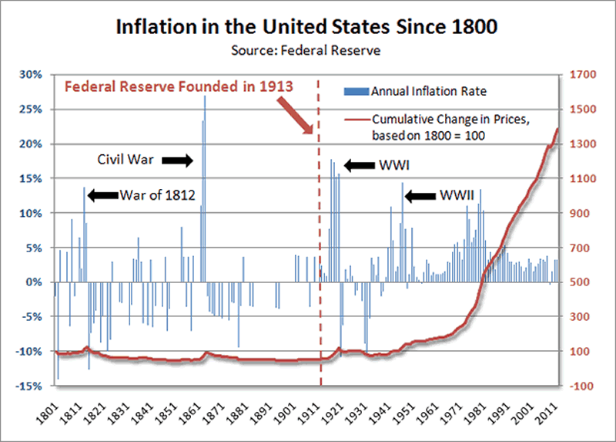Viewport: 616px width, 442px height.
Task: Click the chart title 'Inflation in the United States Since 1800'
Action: coord(308,29)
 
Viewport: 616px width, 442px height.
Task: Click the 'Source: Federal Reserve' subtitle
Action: coord(308,52)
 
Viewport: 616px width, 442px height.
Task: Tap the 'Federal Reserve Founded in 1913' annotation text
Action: coord(179,86)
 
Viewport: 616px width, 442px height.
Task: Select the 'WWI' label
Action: coord(393,165)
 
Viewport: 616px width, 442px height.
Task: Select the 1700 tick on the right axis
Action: coord(582,75)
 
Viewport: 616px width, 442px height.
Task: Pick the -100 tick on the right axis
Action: coord(581,386)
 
